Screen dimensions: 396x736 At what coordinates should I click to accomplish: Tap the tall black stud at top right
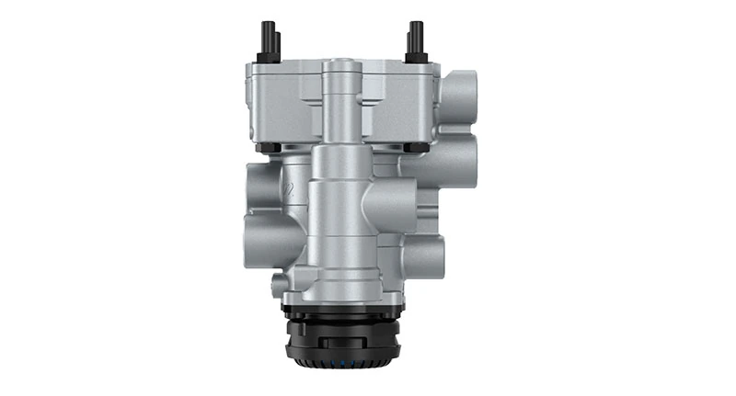[416, 37]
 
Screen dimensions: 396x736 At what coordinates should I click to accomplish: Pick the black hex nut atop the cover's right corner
[415, 58]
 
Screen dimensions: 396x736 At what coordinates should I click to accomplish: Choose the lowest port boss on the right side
[431, 252]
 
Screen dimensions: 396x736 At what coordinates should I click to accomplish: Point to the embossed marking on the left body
[288, 190]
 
